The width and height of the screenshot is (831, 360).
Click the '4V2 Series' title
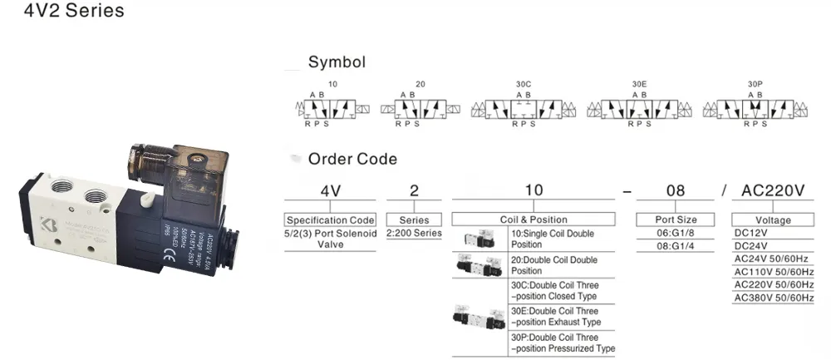coord(63,12)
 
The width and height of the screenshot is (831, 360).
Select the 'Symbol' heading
coord(337,62)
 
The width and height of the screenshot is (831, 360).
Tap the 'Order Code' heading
coord(352,159)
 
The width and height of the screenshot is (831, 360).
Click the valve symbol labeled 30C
coord(523,109)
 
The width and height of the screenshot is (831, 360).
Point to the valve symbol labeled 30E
coord(638,109)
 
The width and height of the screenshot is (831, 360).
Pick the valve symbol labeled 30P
coord(755,109)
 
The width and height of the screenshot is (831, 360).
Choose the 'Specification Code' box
coord(330,220)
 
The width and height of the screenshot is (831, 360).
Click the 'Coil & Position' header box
coord(533,220)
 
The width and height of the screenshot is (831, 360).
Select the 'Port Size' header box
coord(676,220)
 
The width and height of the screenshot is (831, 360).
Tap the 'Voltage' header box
coord(773,220)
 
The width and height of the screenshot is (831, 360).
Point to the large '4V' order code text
coord(331,191)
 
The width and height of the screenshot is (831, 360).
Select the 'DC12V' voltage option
coord(752,234)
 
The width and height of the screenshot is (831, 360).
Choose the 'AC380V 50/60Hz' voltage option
coord(774,298)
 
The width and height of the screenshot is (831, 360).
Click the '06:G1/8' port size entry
coord(676,234)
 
